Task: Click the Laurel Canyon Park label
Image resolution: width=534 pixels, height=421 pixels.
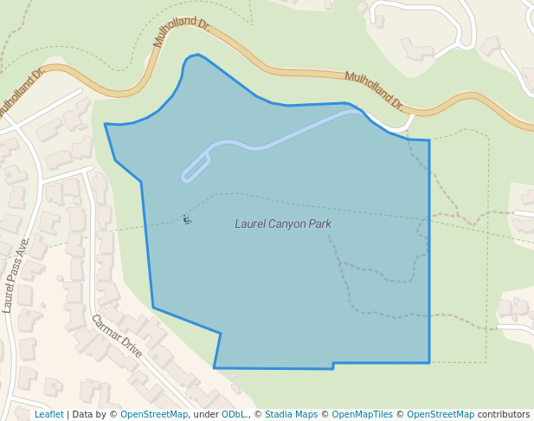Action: point(283,223)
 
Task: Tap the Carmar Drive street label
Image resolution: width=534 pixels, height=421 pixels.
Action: point(116,336)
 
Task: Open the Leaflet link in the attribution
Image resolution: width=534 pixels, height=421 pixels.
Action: point(48,415)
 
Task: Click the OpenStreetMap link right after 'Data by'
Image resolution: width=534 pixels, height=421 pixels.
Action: point(154,415)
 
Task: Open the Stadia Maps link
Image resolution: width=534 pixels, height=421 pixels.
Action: point(291,415)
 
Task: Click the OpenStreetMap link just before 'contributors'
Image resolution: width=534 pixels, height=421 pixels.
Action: point(441,415)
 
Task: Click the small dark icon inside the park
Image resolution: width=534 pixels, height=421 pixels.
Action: point(186,220)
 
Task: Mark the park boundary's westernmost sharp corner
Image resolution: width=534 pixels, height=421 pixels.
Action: point(106,125)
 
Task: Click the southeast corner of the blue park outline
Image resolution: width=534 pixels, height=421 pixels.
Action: point(429,362)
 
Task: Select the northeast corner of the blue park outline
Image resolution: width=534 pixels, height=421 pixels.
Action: point(429,140)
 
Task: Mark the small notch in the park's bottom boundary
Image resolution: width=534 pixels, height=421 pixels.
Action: point(333,366)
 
